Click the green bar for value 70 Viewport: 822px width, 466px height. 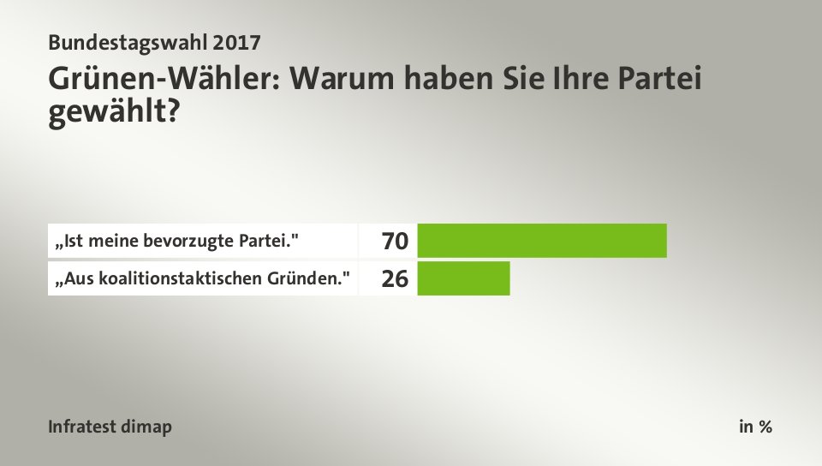(541, 241)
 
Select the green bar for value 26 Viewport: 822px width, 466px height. (463, 278)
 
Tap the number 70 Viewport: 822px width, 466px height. (395, 242)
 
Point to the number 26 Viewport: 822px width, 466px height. (395, 278)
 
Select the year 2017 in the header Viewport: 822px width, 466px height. (235, 41)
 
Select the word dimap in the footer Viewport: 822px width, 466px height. (148, 427)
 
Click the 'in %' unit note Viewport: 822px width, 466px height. (755, 427)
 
